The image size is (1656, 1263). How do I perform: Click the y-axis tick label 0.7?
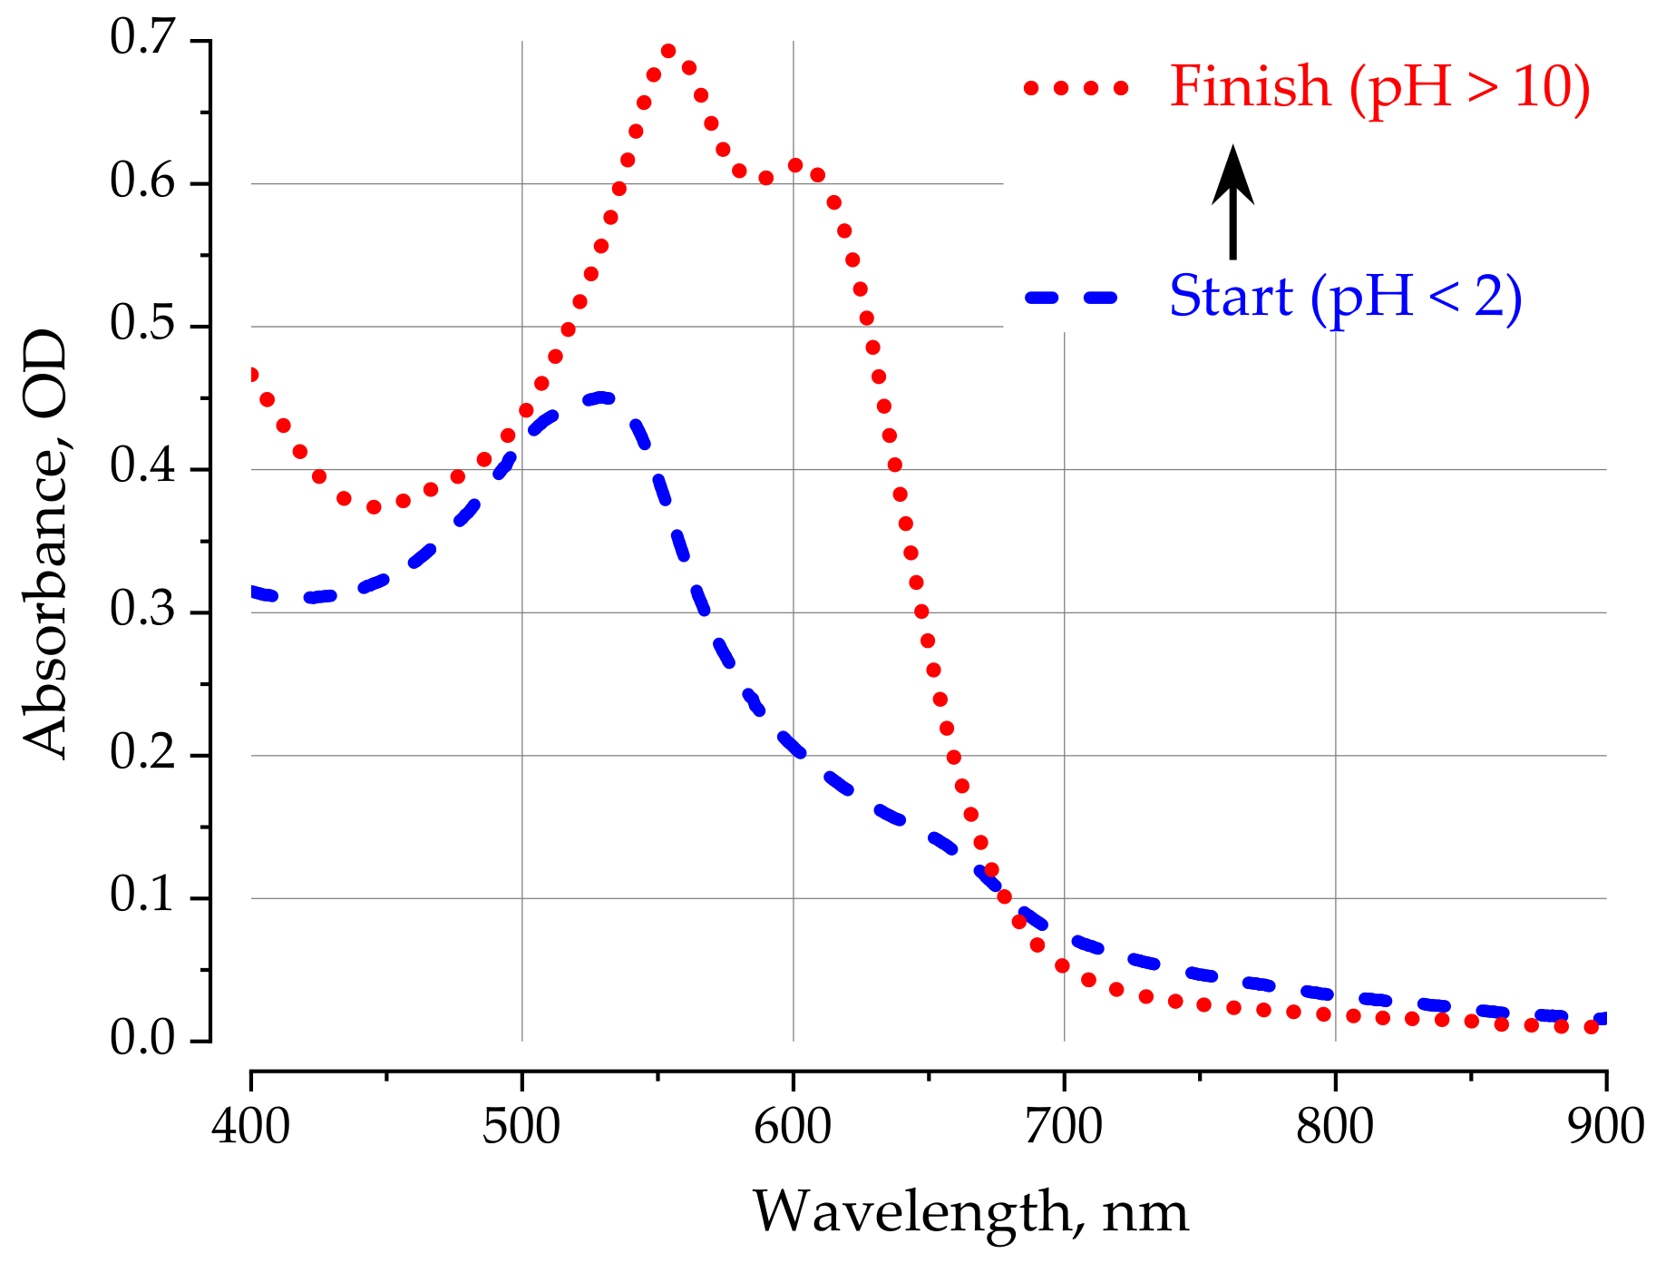tap(142, 39)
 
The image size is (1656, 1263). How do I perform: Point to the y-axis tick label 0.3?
tap(142, 611)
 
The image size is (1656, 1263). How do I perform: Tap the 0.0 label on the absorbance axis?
tap(142, 1039)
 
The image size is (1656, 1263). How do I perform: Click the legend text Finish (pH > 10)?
tap(1379, 88)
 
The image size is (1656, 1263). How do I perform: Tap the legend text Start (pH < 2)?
tap(1345, 297)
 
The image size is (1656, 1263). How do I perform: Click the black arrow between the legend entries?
tap(1232, 201)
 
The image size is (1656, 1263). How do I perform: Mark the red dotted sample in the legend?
tap(1076, 88)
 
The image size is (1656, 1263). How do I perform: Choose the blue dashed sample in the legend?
tap(1070, 297)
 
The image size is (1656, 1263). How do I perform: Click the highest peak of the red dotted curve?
tap(668, 51)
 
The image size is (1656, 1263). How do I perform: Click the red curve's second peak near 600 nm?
tap(795, 165)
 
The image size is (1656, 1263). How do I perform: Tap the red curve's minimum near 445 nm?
tap(374, 507)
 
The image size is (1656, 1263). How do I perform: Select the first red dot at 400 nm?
tap(252, 375)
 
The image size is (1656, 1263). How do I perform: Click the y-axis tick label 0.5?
tap(142, 325)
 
